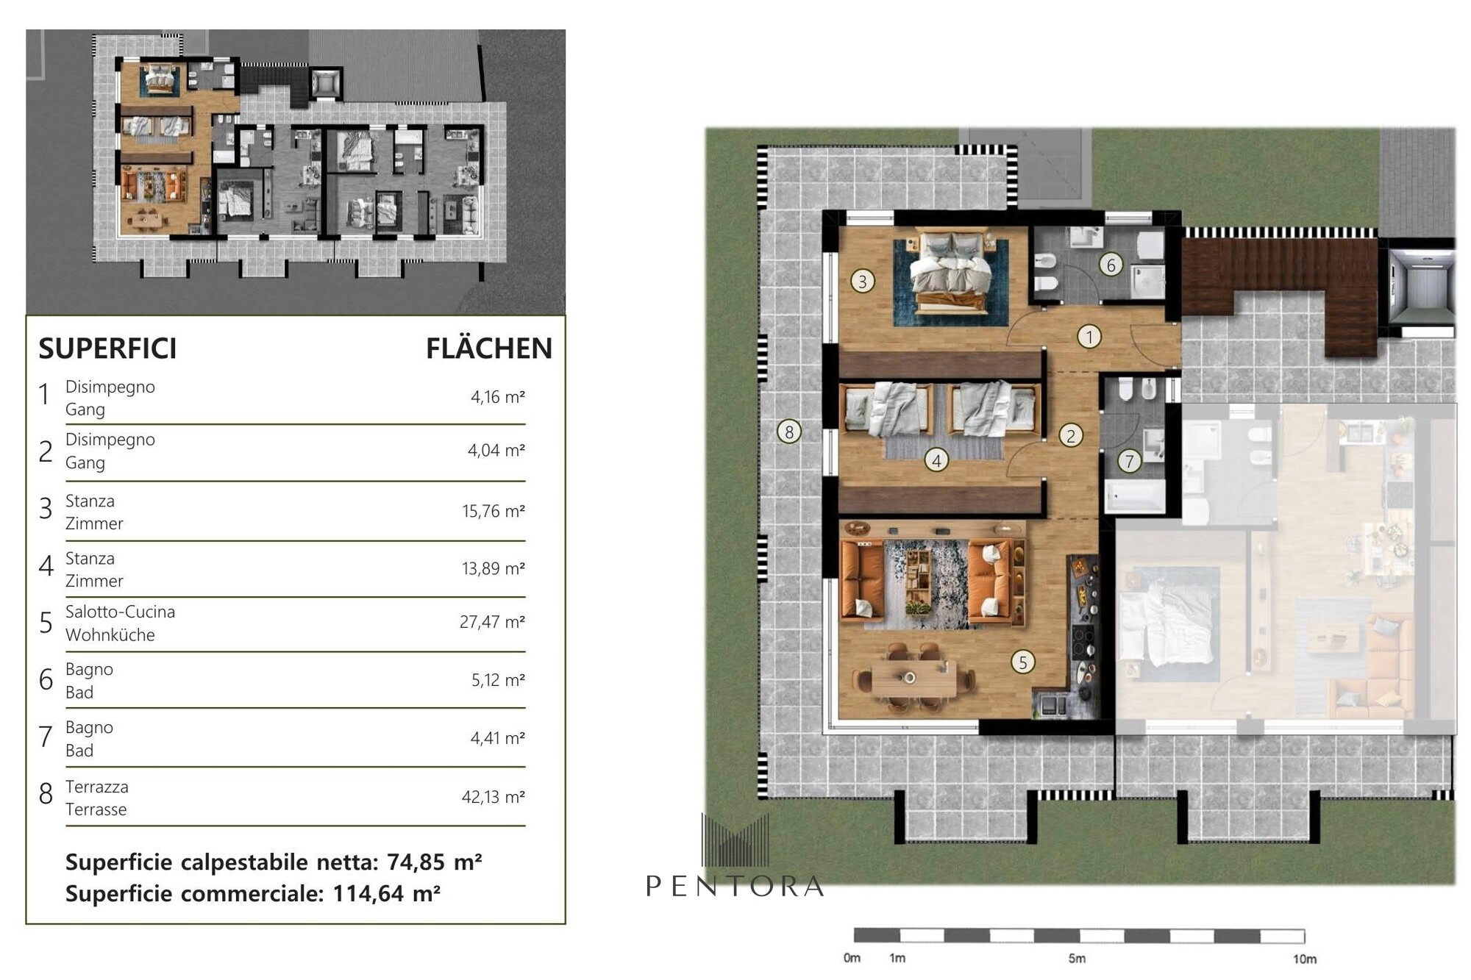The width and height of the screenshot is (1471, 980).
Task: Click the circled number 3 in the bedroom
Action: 863,280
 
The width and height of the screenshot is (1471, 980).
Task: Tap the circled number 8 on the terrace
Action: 789,432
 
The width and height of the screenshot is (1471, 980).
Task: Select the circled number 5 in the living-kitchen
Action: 1022,662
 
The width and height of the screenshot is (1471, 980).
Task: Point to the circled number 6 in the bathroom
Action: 1111,265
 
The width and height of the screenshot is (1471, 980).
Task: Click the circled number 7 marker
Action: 1129,461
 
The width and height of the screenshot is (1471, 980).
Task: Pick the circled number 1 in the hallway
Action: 1089,337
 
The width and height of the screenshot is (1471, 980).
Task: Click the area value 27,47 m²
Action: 492,622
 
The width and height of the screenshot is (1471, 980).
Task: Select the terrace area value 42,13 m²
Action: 493,797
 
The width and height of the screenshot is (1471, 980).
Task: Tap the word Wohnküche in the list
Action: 110,634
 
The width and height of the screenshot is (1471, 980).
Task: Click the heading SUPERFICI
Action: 107,348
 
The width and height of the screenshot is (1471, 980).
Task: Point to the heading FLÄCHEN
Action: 489,348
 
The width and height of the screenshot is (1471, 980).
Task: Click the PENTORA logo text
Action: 735,886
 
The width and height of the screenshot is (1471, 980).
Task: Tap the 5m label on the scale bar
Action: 1077,959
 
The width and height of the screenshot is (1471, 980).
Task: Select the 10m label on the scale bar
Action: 1305,959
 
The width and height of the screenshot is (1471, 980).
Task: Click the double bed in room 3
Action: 950,272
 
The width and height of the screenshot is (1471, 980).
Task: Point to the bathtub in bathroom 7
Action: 1135,496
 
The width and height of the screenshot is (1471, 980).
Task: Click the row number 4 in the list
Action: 46,566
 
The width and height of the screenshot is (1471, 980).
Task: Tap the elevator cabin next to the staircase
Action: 1421,283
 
